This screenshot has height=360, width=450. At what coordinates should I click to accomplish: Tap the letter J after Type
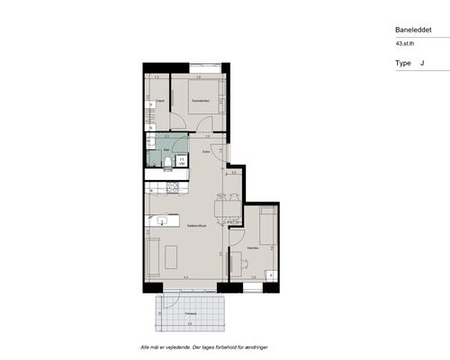pos(422,64)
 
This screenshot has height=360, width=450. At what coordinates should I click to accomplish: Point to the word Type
pos(403,64)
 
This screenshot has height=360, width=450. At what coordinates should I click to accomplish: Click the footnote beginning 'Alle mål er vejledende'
pos(205,346)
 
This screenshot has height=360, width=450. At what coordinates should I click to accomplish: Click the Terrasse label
pos(190,312)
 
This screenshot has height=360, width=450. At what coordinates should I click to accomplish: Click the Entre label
pos(206,152)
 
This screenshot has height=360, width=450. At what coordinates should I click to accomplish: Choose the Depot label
pos(159,101)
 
